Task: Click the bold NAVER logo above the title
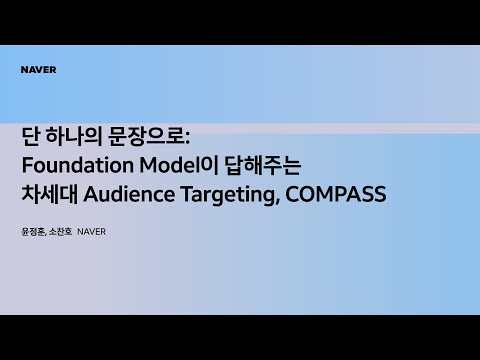coord(38,70)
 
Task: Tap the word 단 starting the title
coord(31,136)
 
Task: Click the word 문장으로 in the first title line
coord(145,136)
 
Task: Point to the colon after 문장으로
coord(187,138)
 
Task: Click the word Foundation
coord(78,165)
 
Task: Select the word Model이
coord(179,165)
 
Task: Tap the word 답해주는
coord(263,165)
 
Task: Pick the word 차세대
coord(49,194)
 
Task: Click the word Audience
coord(129,194)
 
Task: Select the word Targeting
coord(228,195)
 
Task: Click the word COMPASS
coord(336,194)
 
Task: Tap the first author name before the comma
coord(33,231)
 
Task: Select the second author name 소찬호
coord(60,231)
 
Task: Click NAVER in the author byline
coord(91,232)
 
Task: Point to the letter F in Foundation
coord(27,165)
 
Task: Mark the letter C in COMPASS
coord(292,194)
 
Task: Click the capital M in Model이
coord(149,165)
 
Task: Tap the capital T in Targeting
coord(188,194)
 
